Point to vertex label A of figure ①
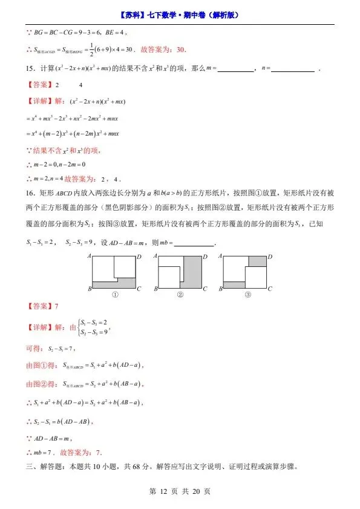(x=90, y=257)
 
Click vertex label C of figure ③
(x=270, y=288)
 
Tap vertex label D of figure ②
(x=205, y=257)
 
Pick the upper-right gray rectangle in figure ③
(x=257, y=261)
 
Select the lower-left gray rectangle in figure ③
(x=234, y=284)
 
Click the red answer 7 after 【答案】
(x=56, y=306)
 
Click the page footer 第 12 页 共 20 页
(x=179, y=491)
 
